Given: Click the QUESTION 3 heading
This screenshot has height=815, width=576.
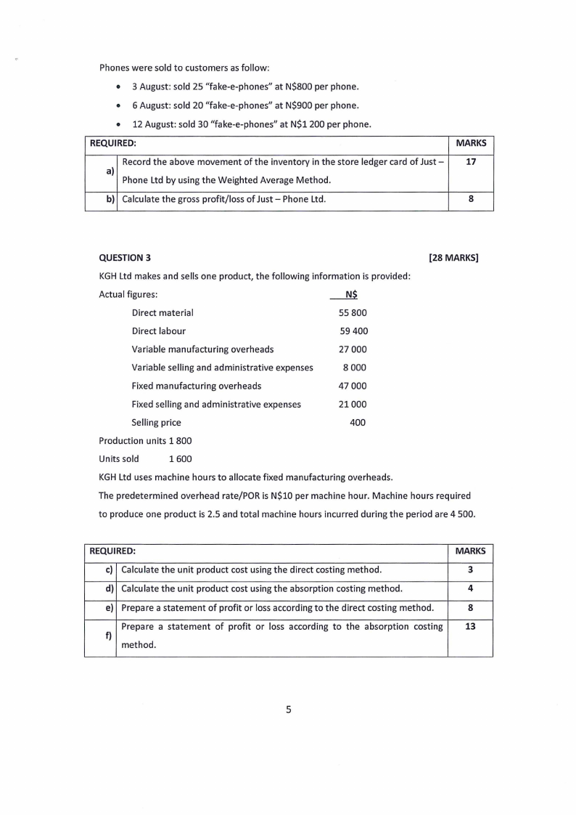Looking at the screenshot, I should (126, 257).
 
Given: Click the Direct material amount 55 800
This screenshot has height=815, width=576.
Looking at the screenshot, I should (353, 312).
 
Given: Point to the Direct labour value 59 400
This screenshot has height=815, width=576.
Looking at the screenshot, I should (353, 331).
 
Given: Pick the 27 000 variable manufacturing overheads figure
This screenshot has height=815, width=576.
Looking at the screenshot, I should (353, 349).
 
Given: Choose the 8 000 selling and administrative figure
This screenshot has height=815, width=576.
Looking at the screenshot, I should (355, 368).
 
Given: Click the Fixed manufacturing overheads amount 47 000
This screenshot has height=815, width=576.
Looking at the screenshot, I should (353, 386).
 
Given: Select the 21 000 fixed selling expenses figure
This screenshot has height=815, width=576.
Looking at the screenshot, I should (353, 404).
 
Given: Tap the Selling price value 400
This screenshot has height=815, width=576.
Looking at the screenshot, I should (358, 422).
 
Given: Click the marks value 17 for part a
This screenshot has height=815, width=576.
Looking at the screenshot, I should (470, 162).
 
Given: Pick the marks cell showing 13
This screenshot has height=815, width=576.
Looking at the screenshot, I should (470, 626).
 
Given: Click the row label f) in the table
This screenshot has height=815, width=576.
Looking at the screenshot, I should (109, 636).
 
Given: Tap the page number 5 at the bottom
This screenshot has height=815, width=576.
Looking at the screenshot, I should (288, 710).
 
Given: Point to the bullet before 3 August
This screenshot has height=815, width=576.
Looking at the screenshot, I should (118, 87).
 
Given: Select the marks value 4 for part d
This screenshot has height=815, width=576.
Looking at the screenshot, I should (470, 588).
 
